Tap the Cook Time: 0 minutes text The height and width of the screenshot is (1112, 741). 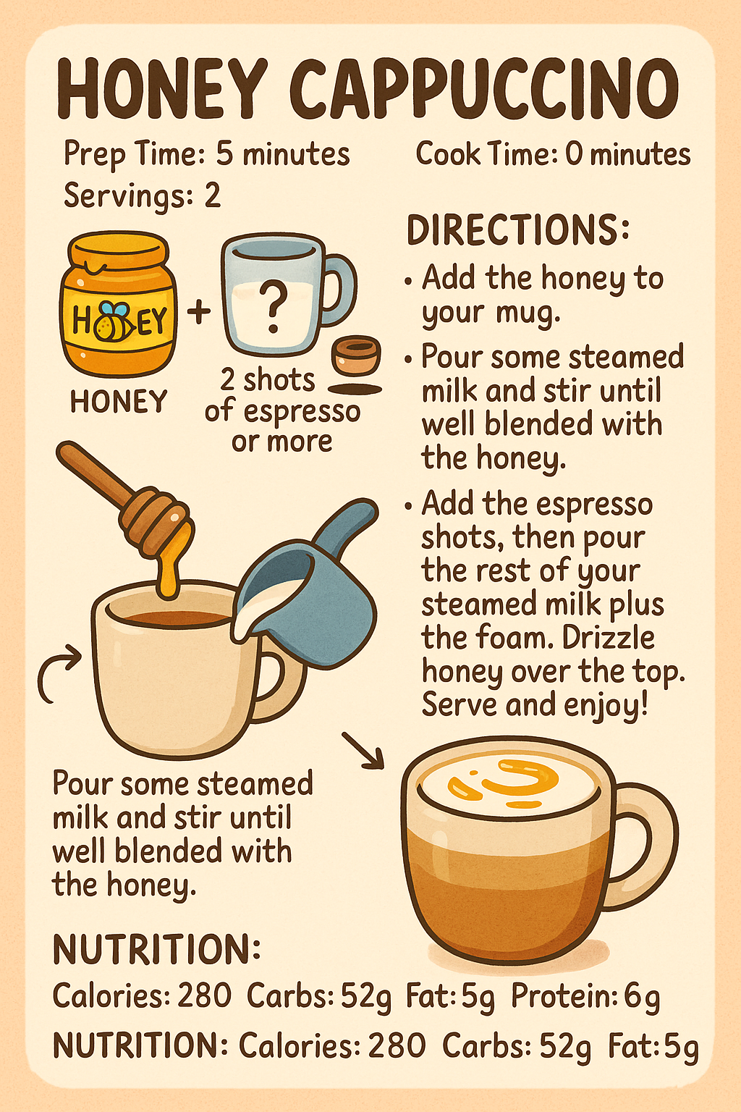tap(553, 154)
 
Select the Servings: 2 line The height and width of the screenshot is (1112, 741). tap(142, 195)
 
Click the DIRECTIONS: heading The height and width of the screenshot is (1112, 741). tap(517, 230)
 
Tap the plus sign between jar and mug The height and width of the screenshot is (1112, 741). tap(199, 311)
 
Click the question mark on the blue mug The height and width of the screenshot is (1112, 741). tap(273, 308)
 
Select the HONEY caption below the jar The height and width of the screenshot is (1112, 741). tap(119, 402)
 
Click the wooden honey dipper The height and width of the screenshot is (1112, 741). tap(130, 500)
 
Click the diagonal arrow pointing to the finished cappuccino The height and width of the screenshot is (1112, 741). tap(363, 750)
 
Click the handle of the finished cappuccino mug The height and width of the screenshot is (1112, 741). tap(644, 847)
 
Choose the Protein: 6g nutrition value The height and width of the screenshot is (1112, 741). tap(585, 997)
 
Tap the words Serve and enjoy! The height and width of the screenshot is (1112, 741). tap(535, 704)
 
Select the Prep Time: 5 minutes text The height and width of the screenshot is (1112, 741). tap(206, 154)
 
